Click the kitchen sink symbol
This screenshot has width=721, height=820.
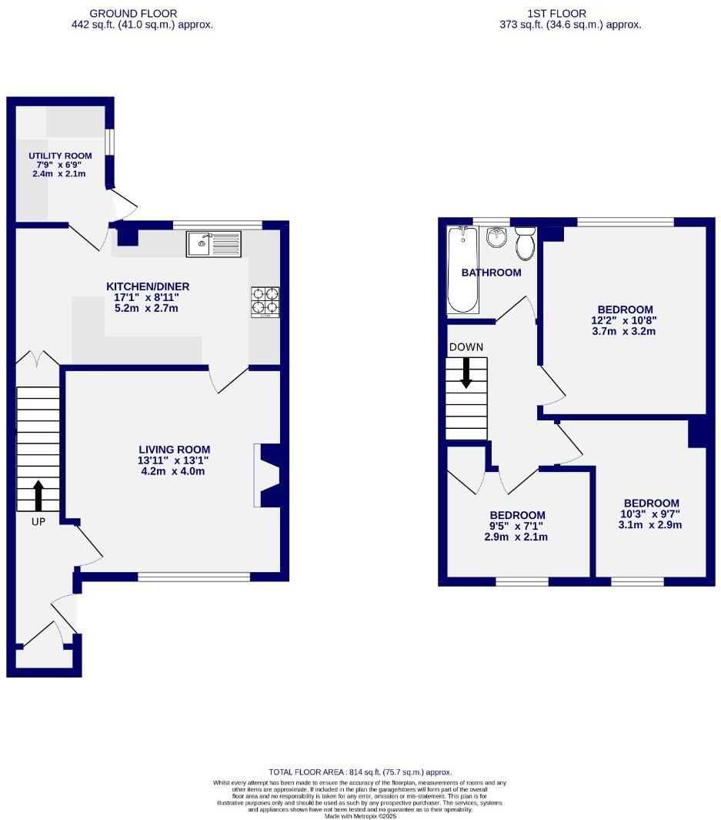[x=213, y=244]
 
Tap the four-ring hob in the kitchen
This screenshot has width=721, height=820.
[x=265, y=302]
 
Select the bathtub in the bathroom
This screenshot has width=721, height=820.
[x=462, y=270]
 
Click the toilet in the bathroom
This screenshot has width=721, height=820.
[x=526, y=243]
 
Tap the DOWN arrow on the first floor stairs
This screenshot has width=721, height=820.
[x=466, y=373]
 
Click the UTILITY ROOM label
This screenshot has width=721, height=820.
[x=55, y=156]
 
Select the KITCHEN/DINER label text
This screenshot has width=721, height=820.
[x=148, y=286]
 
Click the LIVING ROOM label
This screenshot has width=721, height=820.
[x=174, y=450]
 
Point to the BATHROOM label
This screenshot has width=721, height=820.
[x=491, y=273]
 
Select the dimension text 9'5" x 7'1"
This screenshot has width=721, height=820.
[x=517, y=527]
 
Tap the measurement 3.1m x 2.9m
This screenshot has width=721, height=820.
[x=651, y=525]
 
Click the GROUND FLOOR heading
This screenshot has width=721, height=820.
[x=133, y=13]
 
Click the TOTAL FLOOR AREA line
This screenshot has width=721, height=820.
[x=359, y=771]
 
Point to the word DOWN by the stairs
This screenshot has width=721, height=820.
[x=466, y=347]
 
